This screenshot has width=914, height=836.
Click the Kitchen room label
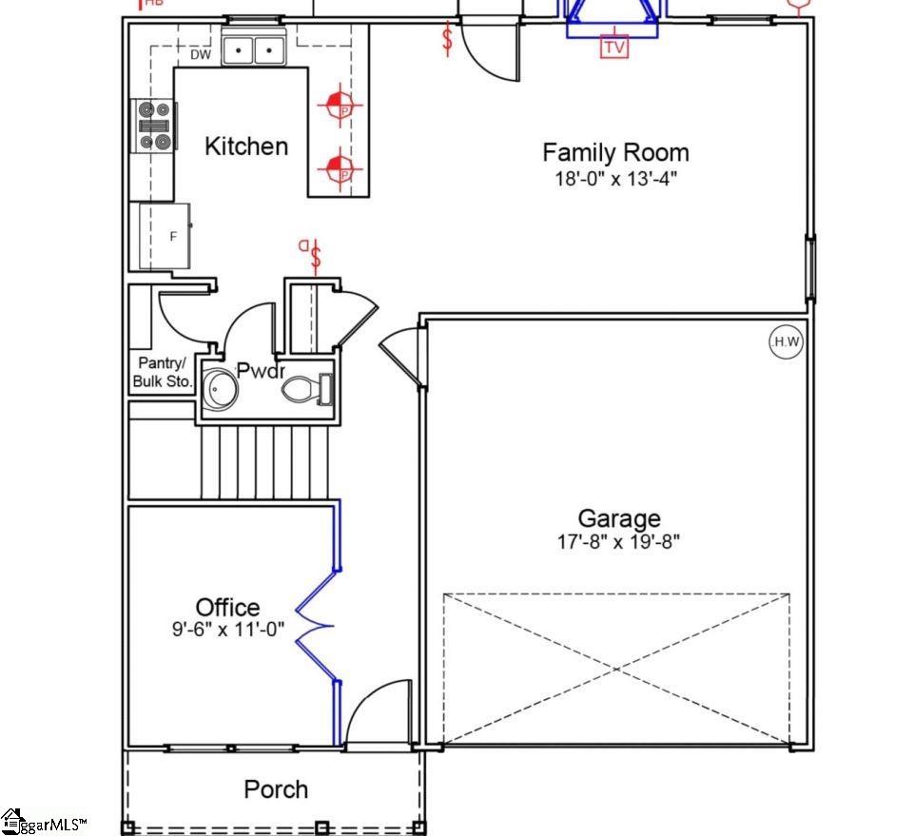(246, 146)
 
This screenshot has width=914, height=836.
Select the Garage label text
(619, 518)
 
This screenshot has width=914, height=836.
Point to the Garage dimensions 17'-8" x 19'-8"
(619, 543)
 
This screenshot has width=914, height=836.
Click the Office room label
(227, 607)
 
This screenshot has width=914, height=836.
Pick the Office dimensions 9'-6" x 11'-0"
(227, 629)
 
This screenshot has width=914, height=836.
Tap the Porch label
(276, 789)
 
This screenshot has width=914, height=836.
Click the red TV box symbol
(615, 47)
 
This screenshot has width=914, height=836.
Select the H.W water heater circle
(787, 342)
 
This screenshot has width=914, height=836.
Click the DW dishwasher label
(200, 55)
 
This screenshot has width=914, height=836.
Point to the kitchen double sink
(254, 49)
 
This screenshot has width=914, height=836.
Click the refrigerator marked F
(165, 236)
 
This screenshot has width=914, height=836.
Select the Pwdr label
(260, 371)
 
